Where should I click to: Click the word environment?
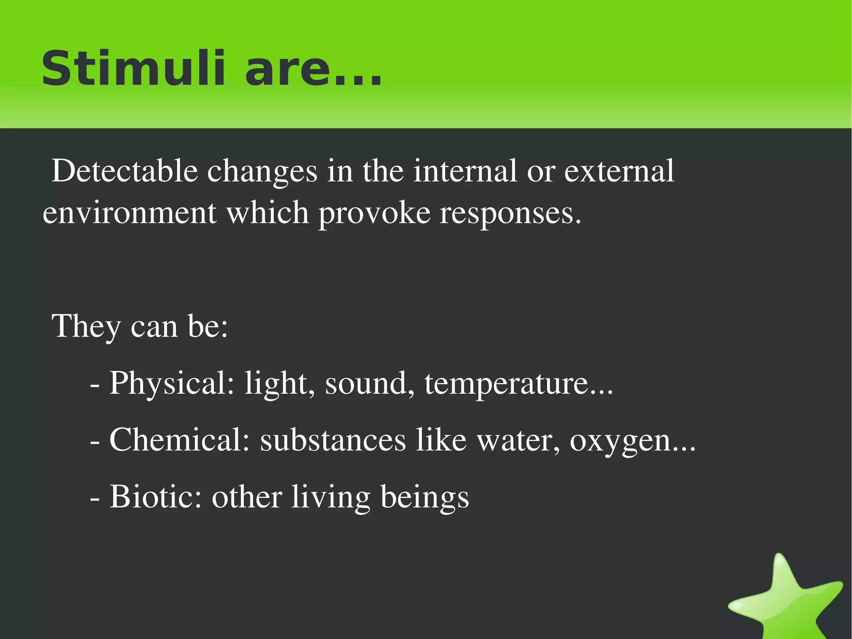pyautogui.click(x=129, y=213)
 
